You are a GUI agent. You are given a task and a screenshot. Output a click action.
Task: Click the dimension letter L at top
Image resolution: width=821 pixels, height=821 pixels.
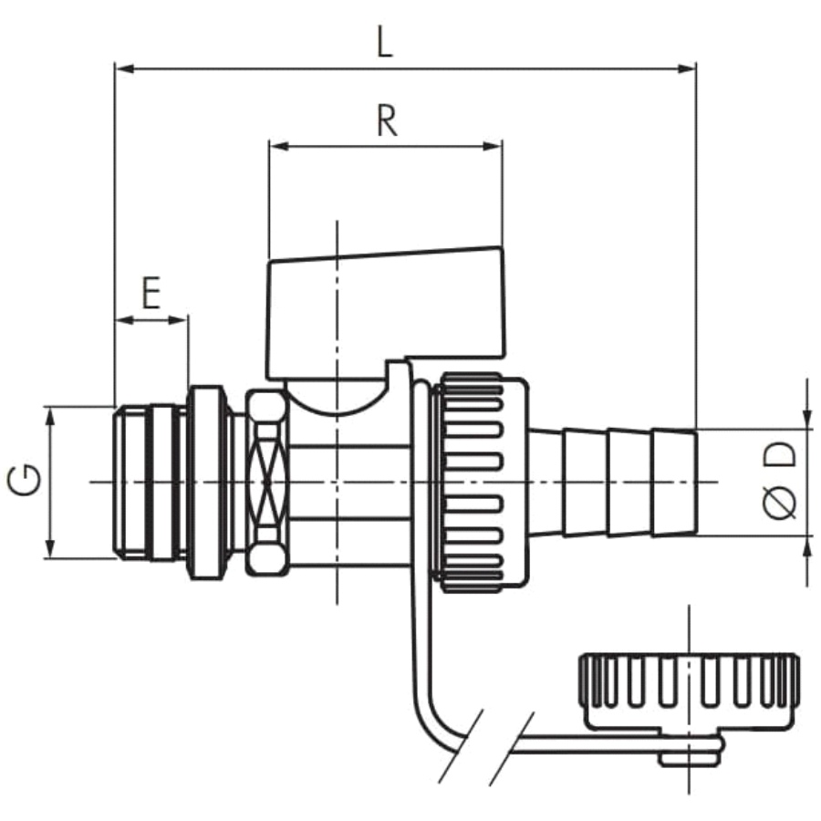[x=384, y=44]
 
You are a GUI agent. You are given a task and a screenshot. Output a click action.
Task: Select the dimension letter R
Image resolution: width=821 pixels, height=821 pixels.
[x=387, y=121]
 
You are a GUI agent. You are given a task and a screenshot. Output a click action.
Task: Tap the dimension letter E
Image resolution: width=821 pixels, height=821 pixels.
[x=151, y=295]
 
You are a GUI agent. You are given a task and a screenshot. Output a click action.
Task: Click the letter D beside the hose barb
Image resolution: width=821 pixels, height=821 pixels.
[x=780, y=454]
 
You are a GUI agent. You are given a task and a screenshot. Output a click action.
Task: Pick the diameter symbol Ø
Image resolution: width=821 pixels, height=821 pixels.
[x=780, y=502]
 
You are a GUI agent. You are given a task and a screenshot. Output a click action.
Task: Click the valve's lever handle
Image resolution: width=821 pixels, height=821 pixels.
[x=387, y=313]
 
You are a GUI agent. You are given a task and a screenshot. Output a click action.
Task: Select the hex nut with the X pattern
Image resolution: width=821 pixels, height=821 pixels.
[x=267, y=483]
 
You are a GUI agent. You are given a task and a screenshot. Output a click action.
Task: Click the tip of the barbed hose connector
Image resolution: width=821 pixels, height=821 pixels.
[x=695, y=483]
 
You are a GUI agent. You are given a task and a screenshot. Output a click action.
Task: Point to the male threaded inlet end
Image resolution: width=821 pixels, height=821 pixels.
[x=150, y=483]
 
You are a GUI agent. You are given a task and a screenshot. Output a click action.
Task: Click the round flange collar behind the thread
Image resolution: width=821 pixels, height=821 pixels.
[x=206, y=483]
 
